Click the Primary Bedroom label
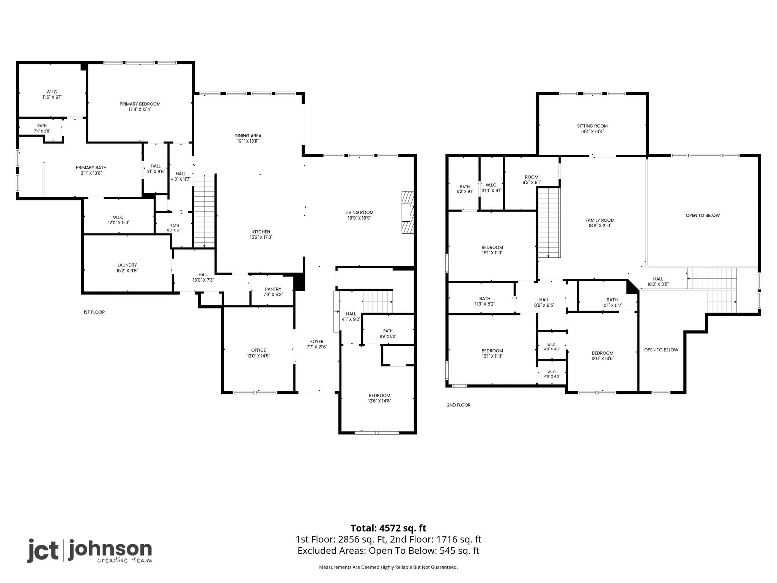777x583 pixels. point(140,104)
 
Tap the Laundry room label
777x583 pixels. point(127,265)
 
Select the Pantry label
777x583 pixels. point(273,289)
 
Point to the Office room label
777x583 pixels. point(258,350)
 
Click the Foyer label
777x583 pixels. point(317,342)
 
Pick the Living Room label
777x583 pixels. point(359,213)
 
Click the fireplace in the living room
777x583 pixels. point(407,212)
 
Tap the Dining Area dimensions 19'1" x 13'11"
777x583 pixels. point(248,141)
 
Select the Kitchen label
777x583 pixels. point(261,232)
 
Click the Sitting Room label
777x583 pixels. point(592,126)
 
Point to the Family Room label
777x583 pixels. point(600,220)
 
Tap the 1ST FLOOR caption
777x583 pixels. point(94,312)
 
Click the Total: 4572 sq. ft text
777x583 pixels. point(388,528)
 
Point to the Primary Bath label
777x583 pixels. point(91,168)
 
